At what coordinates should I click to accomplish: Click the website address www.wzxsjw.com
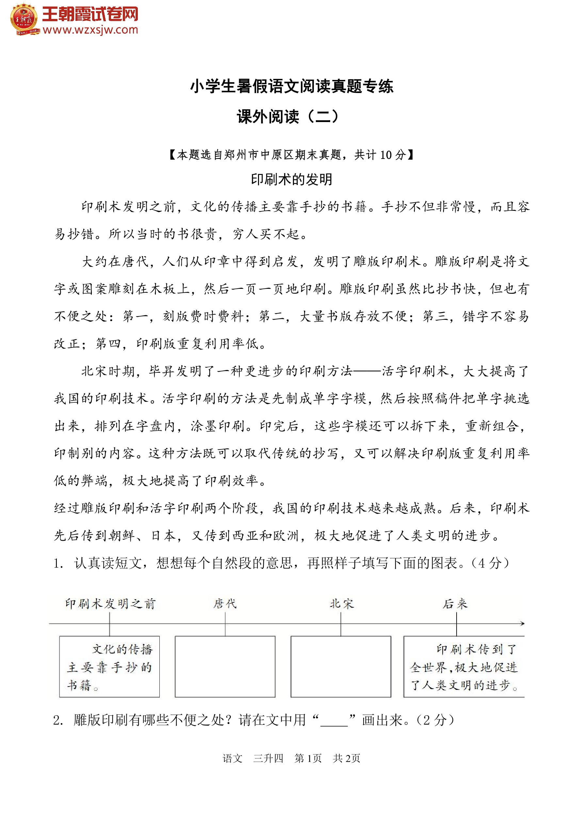(x=90, y=30)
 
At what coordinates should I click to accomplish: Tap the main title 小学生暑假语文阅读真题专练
(x=291, y=86)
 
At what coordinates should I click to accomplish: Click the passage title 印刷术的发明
(x=291, y=179)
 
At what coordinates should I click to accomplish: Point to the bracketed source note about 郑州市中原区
(x=291, y=155)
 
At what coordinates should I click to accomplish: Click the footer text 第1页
(x=308, y=758)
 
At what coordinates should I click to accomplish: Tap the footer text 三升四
(x=268, y=758)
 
